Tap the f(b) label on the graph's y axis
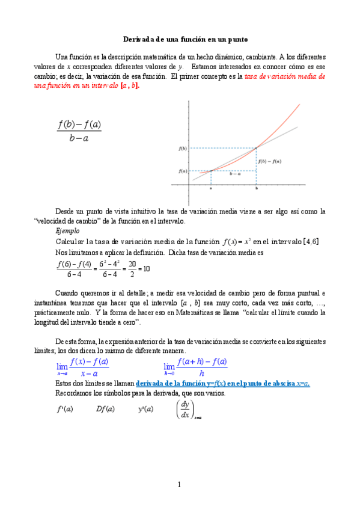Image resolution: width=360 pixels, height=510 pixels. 183,148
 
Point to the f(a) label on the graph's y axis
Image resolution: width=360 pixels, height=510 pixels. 183,171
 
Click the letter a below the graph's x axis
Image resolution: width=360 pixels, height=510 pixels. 211,188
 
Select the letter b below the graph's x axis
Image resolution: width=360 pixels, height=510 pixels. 257,188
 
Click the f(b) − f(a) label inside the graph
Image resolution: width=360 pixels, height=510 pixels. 270,161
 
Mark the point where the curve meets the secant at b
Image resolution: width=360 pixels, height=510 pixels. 257,147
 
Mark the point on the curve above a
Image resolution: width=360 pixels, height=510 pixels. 211,171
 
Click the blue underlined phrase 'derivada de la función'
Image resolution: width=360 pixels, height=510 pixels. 174,383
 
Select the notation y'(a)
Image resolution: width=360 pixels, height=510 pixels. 145,409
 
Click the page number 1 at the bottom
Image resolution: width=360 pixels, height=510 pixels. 179,485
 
